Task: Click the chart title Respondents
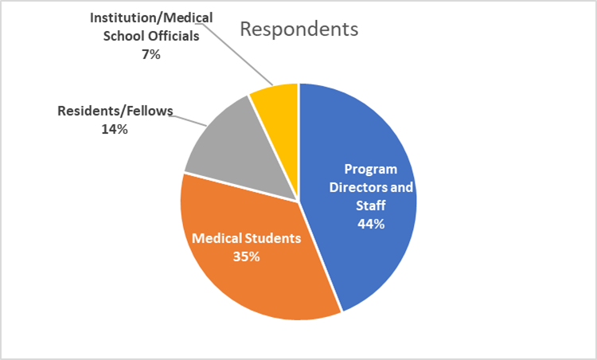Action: tap(298, 29)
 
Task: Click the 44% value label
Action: tap(371, 224)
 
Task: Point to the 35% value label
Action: tap(246, 256)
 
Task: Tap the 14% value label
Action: tap(115, 130)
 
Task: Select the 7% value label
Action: tap(151, 55)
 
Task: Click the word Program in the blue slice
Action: tap(371, 169)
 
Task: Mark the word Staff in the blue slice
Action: tap(371, 205)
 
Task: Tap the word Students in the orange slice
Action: tap(273, 238)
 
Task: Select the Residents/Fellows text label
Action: tap(115, 111)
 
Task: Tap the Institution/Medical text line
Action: tap(151, 18)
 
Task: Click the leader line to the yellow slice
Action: tap(237, 54)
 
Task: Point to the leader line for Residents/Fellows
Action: tap(188, 121)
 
